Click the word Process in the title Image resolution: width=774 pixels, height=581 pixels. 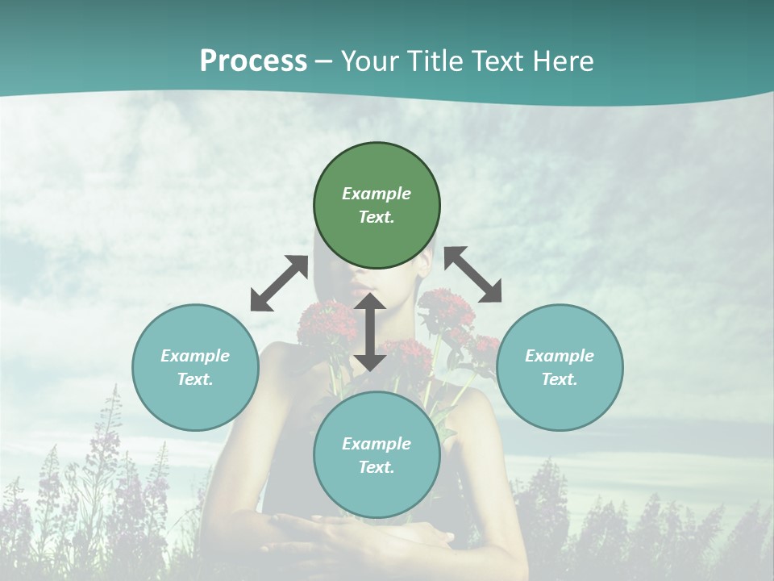[253, 61]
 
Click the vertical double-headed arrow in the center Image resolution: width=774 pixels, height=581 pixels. [370, 332]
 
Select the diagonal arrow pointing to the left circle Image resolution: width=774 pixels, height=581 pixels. [279, 283]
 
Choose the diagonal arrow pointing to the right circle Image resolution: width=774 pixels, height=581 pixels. [472, 275]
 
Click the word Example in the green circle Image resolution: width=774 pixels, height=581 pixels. [377, 194]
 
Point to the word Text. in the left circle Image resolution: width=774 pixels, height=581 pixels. [195, 379]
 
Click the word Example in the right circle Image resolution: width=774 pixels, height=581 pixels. [560, 356]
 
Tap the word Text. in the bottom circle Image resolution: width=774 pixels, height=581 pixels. [377, 467]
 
